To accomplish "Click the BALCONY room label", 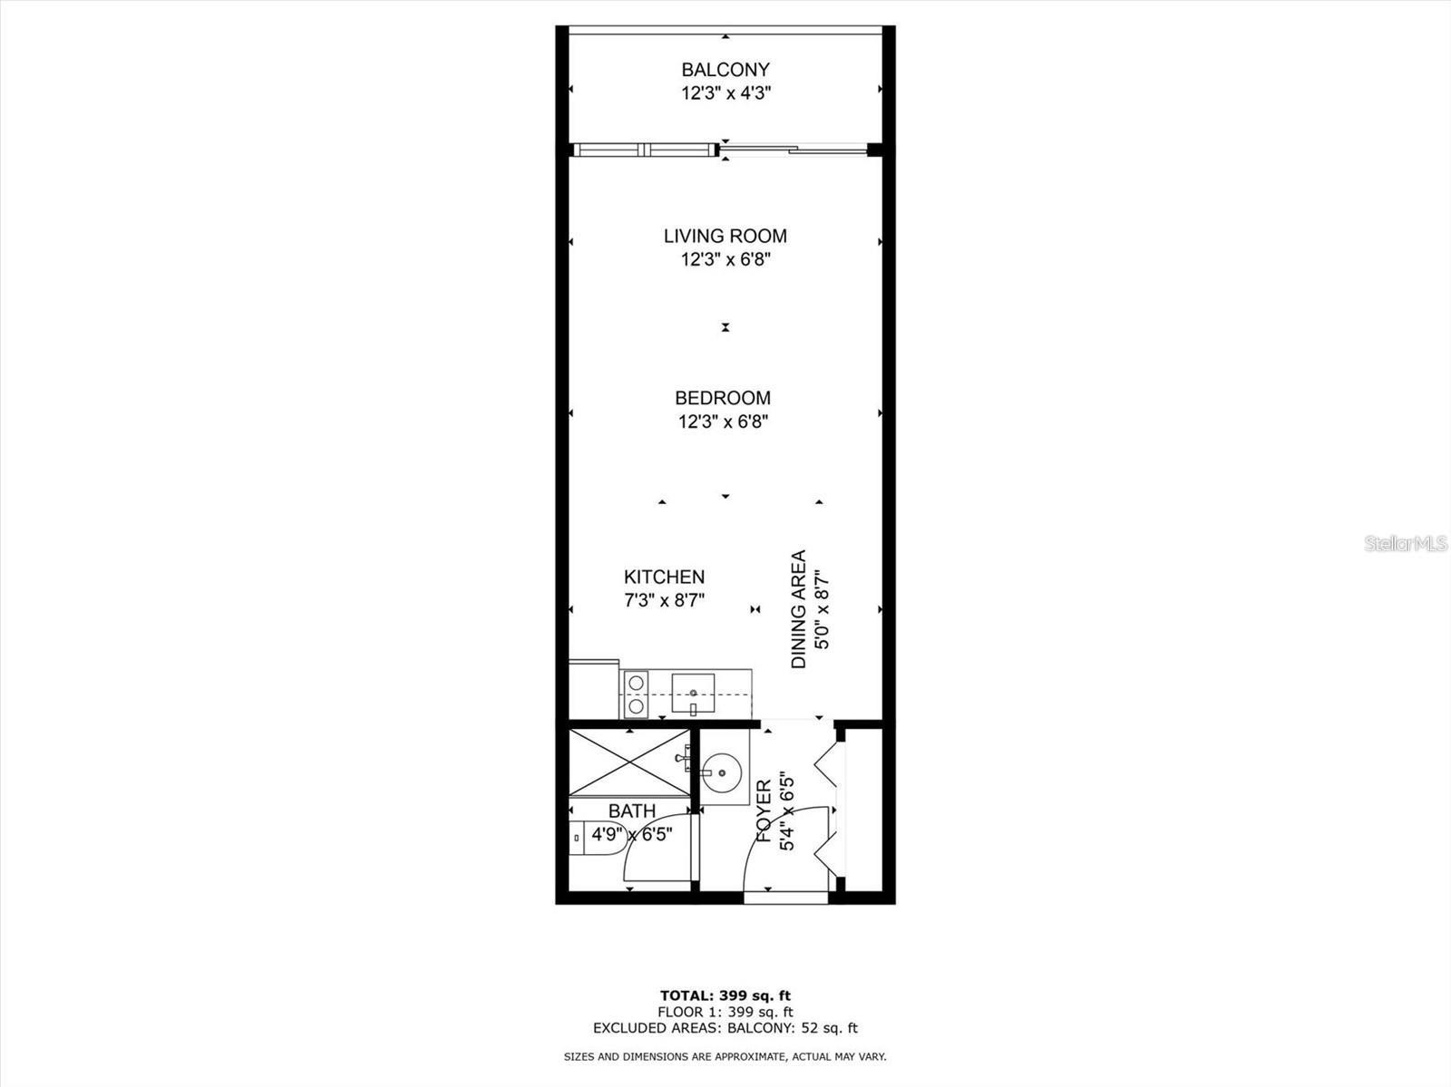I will click(x=725, y=70).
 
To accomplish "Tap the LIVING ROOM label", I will click(x=725, y=237).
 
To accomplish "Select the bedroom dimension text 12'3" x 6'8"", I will click(x=724, y=422).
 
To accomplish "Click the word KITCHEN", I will click(x=664, y=577).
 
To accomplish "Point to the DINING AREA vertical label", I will click(x=799, y=609).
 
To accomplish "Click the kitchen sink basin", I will click(x=693, y=694).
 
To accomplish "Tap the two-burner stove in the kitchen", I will click(x=636, y=694).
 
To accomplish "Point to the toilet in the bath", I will click(x=594, y=840).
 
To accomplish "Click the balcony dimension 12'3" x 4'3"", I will click(x=725, y=92).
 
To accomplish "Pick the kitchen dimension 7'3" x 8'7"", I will click(x=664, y=600).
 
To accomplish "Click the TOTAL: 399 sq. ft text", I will click(x=725, y=996).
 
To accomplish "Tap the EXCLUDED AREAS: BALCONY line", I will click(x=725, y=1028).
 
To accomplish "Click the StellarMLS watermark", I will click(x=1407, y=544).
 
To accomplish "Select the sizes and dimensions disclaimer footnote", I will click(x=725, y=1056).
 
